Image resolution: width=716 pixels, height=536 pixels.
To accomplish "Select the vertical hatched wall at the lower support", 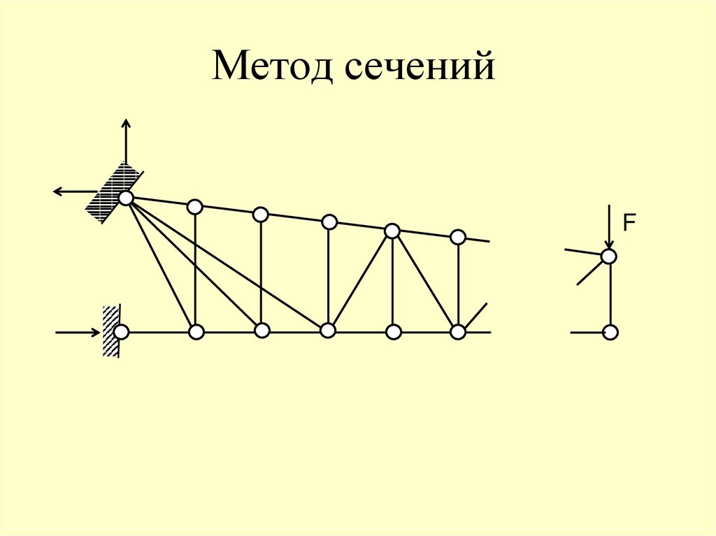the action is (x=110, y=331).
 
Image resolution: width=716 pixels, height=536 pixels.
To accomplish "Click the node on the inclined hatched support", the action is (x=126, y=198).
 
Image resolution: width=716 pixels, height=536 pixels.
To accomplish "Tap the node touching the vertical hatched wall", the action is (x=122, y=331).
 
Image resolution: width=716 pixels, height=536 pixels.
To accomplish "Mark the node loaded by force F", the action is (x=609, y=256).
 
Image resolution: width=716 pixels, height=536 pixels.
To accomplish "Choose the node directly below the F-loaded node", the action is (x=610, y=332).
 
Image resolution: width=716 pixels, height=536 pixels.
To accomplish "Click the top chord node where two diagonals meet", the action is (x=392, y=230).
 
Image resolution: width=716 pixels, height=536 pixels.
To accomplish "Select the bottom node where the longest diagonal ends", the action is (x=327, y=331).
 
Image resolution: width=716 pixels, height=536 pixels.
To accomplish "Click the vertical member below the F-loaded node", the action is (x=610, y=294).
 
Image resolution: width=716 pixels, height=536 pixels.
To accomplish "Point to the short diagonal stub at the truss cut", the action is (x=476, y=317).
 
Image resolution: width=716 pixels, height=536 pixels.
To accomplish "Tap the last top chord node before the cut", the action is (x=457, y=237).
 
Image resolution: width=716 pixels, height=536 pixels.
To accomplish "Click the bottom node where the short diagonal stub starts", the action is (x=458, y=332).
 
